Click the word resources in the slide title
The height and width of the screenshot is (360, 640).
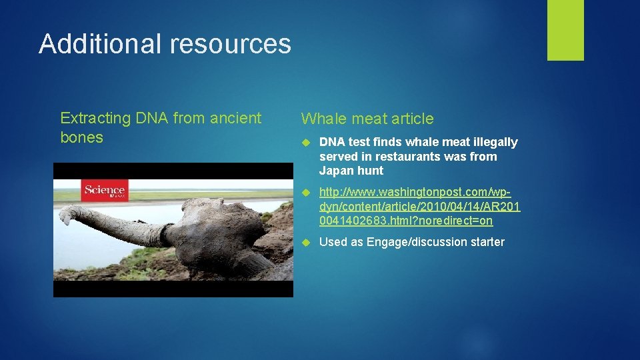tap(230, 44)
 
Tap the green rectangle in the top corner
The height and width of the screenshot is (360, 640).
tap(565, 30)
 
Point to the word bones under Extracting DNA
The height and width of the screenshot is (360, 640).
tap(81, 137)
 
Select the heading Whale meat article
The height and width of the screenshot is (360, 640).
tap(367, 119)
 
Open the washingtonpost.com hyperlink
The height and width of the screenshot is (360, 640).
tap(419, 206)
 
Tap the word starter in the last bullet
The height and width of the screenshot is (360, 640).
tap(486, 242)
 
